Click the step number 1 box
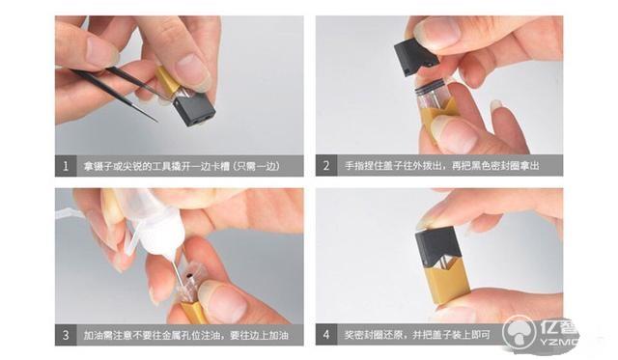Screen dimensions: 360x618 tap(66, 166)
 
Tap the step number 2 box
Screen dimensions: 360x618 tap(326, 166)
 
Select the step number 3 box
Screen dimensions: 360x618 tap(66, 336)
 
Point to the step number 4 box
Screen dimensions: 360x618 tap(326, 336)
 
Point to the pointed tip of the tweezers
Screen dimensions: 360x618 tap(154, 120)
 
